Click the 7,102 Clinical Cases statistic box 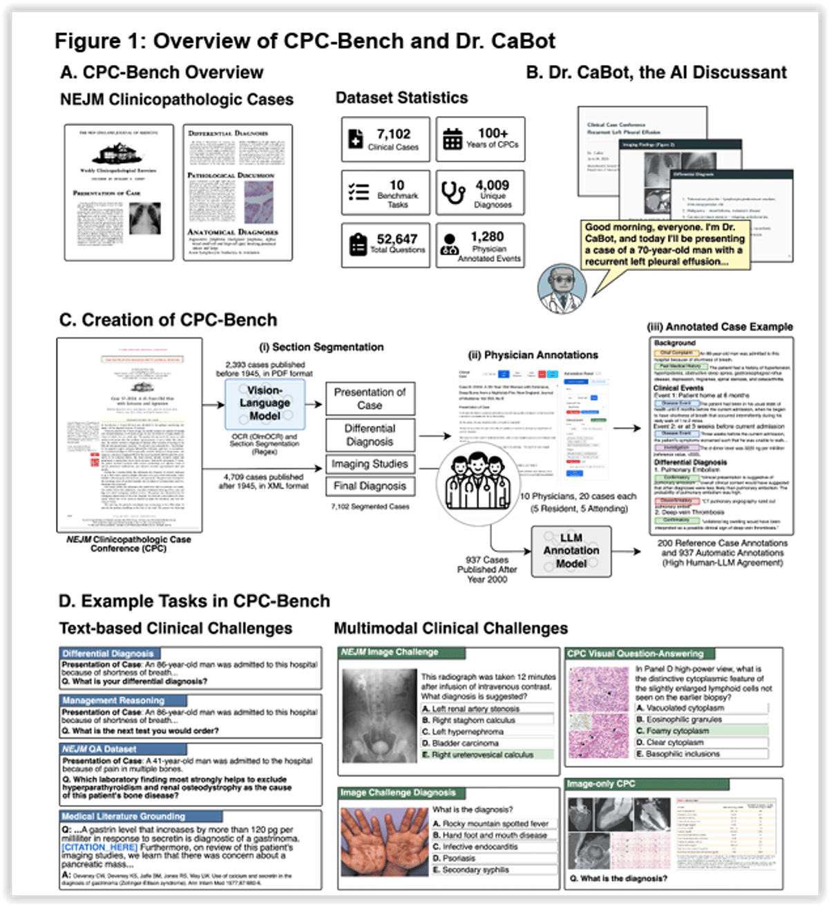385,139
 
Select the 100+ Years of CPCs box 480,139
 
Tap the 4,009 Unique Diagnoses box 480,194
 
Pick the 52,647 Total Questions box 385,245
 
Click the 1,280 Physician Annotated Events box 480,245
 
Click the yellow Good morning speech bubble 665,245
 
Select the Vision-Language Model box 265,403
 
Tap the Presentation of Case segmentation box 370,399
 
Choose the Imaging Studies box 370,464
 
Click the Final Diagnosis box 370,486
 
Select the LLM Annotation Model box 571,551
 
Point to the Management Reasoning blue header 113,700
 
